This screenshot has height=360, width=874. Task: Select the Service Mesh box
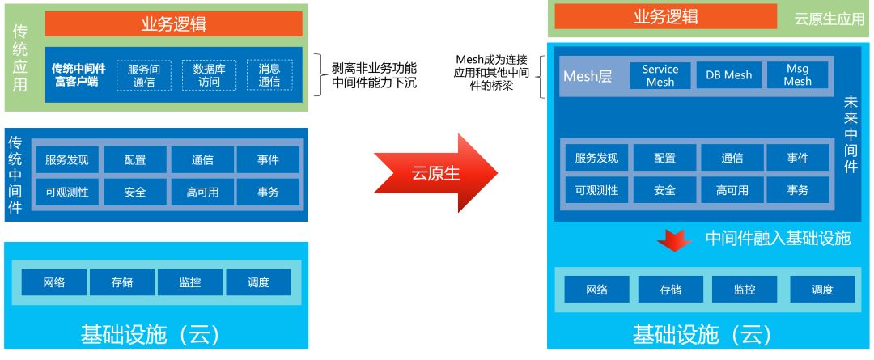[660, 75]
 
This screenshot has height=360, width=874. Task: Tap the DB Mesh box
[728, 75]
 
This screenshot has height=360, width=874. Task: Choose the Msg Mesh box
[797, 75]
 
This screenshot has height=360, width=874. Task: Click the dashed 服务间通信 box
[144, 75]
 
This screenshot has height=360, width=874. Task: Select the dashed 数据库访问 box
[209, 75]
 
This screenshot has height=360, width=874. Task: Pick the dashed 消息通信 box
[269, 75]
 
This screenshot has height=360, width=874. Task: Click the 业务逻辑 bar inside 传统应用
[173, 23]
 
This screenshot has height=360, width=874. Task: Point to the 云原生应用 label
[829, 19]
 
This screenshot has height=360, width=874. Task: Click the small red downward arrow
[673, 239]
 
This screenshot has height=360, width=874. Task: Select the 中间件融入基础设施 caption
[778, 239]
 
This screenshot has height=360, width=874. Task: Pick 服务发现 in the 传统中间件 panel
[66, 159]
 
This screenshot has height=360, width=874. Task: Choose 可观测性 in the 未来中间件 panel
[596, 190]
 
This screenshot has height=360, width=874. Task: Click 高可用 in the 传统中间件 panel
[202, 192]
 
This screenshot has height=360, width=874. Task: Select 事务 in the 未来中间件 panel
[798, 190]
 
